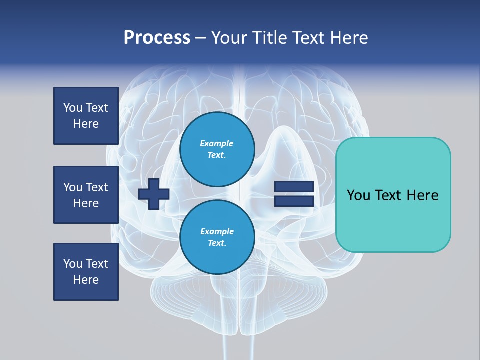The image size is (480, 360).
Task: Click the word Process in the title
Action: pos(157,38)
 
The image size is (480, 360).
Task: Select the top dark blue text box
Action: pos(86,116)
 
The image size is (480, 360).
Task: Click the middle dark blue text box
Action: pos(86,195)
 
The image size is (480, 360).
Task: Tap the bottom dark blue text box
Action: pos(86,272)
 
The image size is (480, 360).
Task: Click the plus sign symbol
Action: pos(154,194)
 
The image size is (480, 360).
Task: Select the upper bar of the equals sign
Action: pos(294,186)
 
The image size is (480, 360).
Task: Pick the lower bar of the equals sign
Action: pos(294,201)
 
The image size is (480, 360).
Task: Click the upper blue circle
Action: pos(217,149)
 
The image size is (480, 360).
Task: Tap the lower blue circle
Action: pos(217,237)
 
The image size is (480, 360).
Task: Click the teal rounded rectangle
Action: pos(393,195)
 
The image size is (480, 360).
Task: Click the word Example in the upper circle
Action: pos(216,143)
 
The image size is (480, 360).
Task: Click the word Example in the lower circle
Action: pos(216,231)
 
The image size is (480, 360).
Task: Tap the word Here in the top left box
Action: pos(86,124)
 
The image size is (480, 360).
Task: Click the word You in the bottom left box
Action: pos(73,264)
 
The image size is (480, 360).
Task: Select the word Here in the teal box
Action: pos(422,195)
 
